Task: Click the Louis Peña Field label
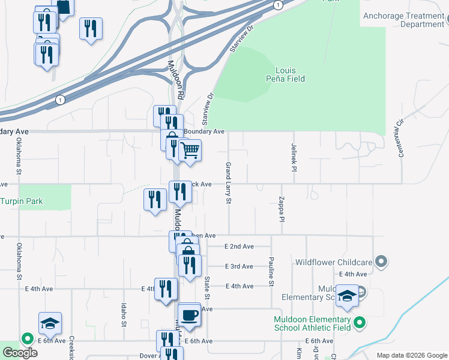(x=286, y=74)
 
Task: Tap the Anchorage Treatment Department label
(x=404, y=20)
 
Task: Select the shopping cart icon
(x=190, y=149)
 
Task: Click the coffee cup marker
(x=189, y=314)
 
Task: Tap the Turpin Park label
(x=22, y=202)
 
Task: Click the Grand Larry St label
(x=228, y=182)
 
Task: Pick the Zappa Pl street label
(x=280, y=210)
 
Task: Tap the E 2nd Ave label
(x=239, y=247)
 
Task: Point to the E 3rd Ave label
(x=239, y=266)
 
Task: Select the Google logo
(x=19, y=353)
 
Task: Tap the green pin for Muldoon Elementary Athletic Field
(x=360, y=323)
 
